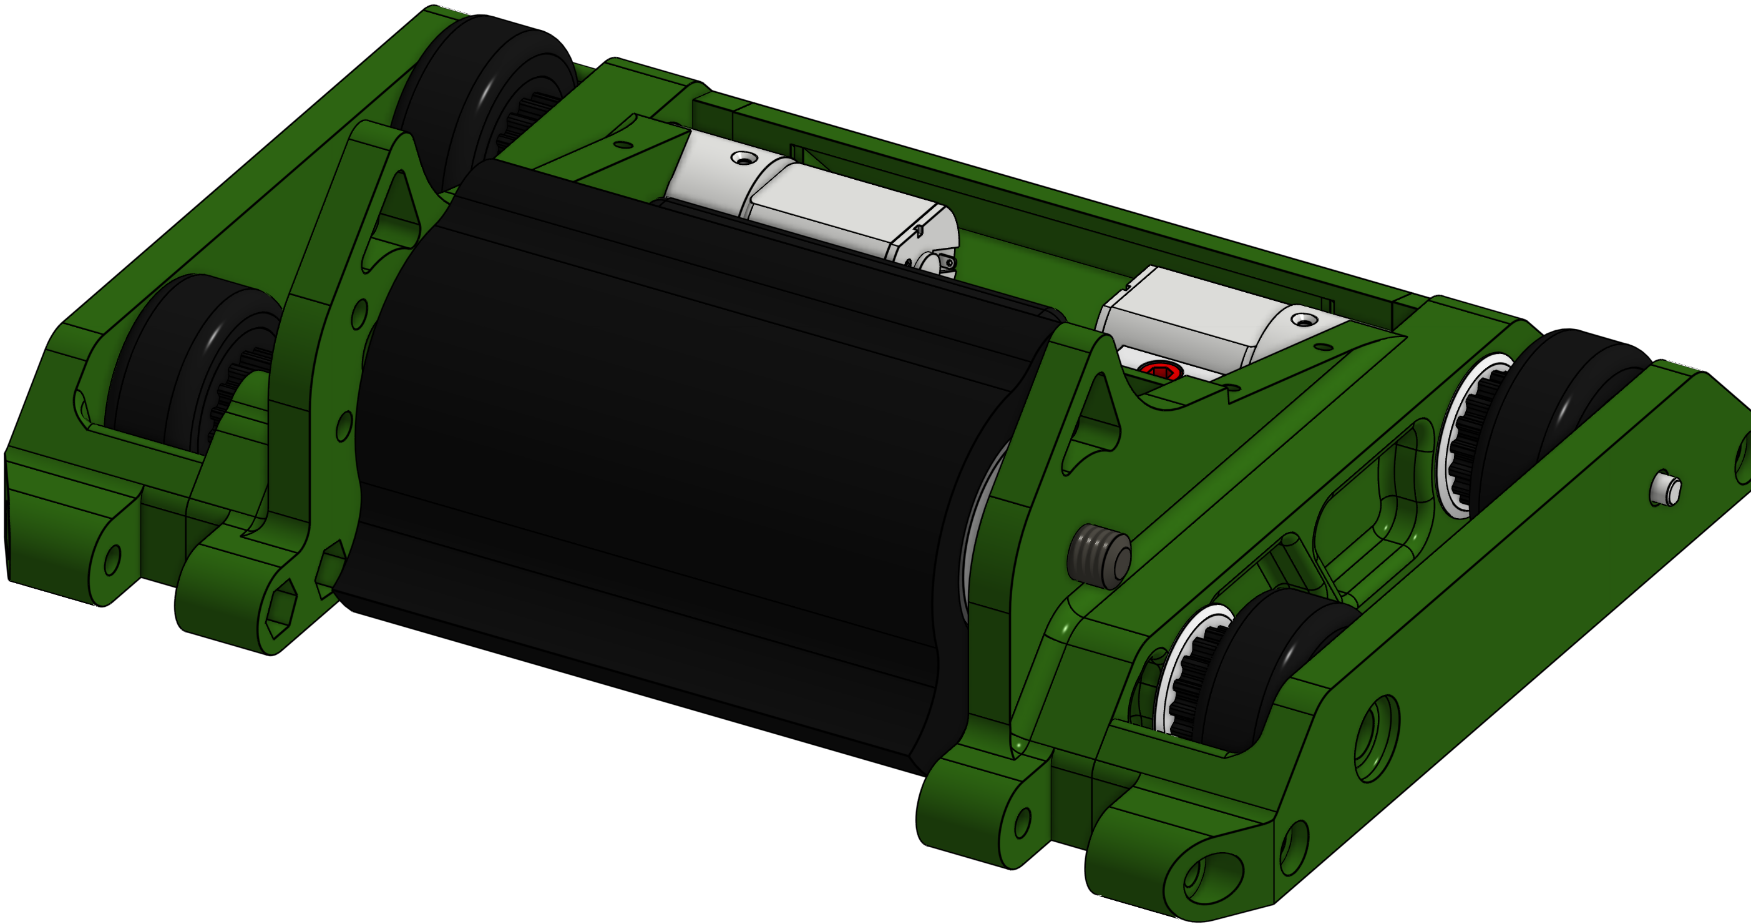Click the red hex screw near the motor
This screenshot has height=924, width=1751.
pyautogui.click(x=1160, y=371)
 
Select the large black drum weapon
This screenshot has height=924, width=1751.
pyautogui.click(x=680, y=463)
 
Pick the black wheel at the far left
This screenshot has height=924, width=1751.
pyautogui.click(x=190, y=360)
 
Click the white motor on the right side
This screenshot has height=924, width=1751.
pyautogui.click(x=1210, y=320)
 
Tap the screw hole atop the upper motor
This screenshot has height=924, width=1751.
pyautogui.click(x=744, y=159)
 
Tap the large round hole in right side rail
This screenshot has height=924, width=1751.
pyautogui.click(x=1377, y=738)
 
